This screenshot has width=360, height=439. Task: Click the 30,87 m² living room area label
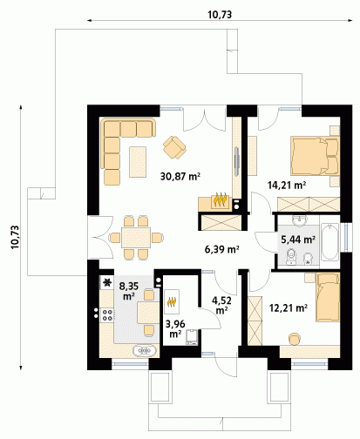click(180, 176)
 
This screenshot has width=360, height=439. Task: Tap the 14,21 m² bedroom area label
click(287, 185)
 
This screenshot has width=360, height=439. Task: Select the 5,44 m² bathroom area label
click(298, 240)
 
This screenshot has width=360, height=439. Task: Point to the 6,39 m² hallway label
click(222, 249)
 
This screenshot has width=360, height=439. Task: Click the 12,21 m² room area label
click(289, 307)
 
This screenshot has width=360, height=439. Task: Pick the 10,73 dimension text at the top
click(220, 15)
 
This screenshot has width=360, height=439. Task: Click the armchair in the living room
click(174, 147)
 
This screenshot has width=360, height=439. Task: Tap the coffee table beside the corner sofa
click(138, 162)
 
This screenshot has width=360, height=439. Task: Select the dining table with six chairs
click(136, 238)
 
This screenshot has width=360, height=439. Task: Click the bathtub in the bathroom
click(330, 241)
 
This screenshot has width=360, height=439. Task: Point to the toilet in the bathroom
click(291, 257)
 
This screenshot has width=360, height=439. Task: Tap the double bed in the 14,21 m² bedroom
click(316, 157)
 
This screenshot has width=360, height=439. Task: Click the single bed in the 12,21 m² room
click(328, 297)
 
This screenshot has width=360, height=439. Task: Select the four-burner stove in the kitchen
click(107, 315)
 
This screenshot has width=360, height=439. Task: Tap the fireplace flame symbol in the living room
click(221, 199)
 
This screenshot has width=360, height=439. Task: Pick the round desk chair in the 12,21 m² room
click(295, 339)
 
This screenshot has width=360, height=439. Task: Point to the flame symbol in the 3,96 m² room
click(172, 301)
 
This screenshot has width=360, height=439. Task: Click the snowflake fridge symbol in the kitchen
click(107, 282)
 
